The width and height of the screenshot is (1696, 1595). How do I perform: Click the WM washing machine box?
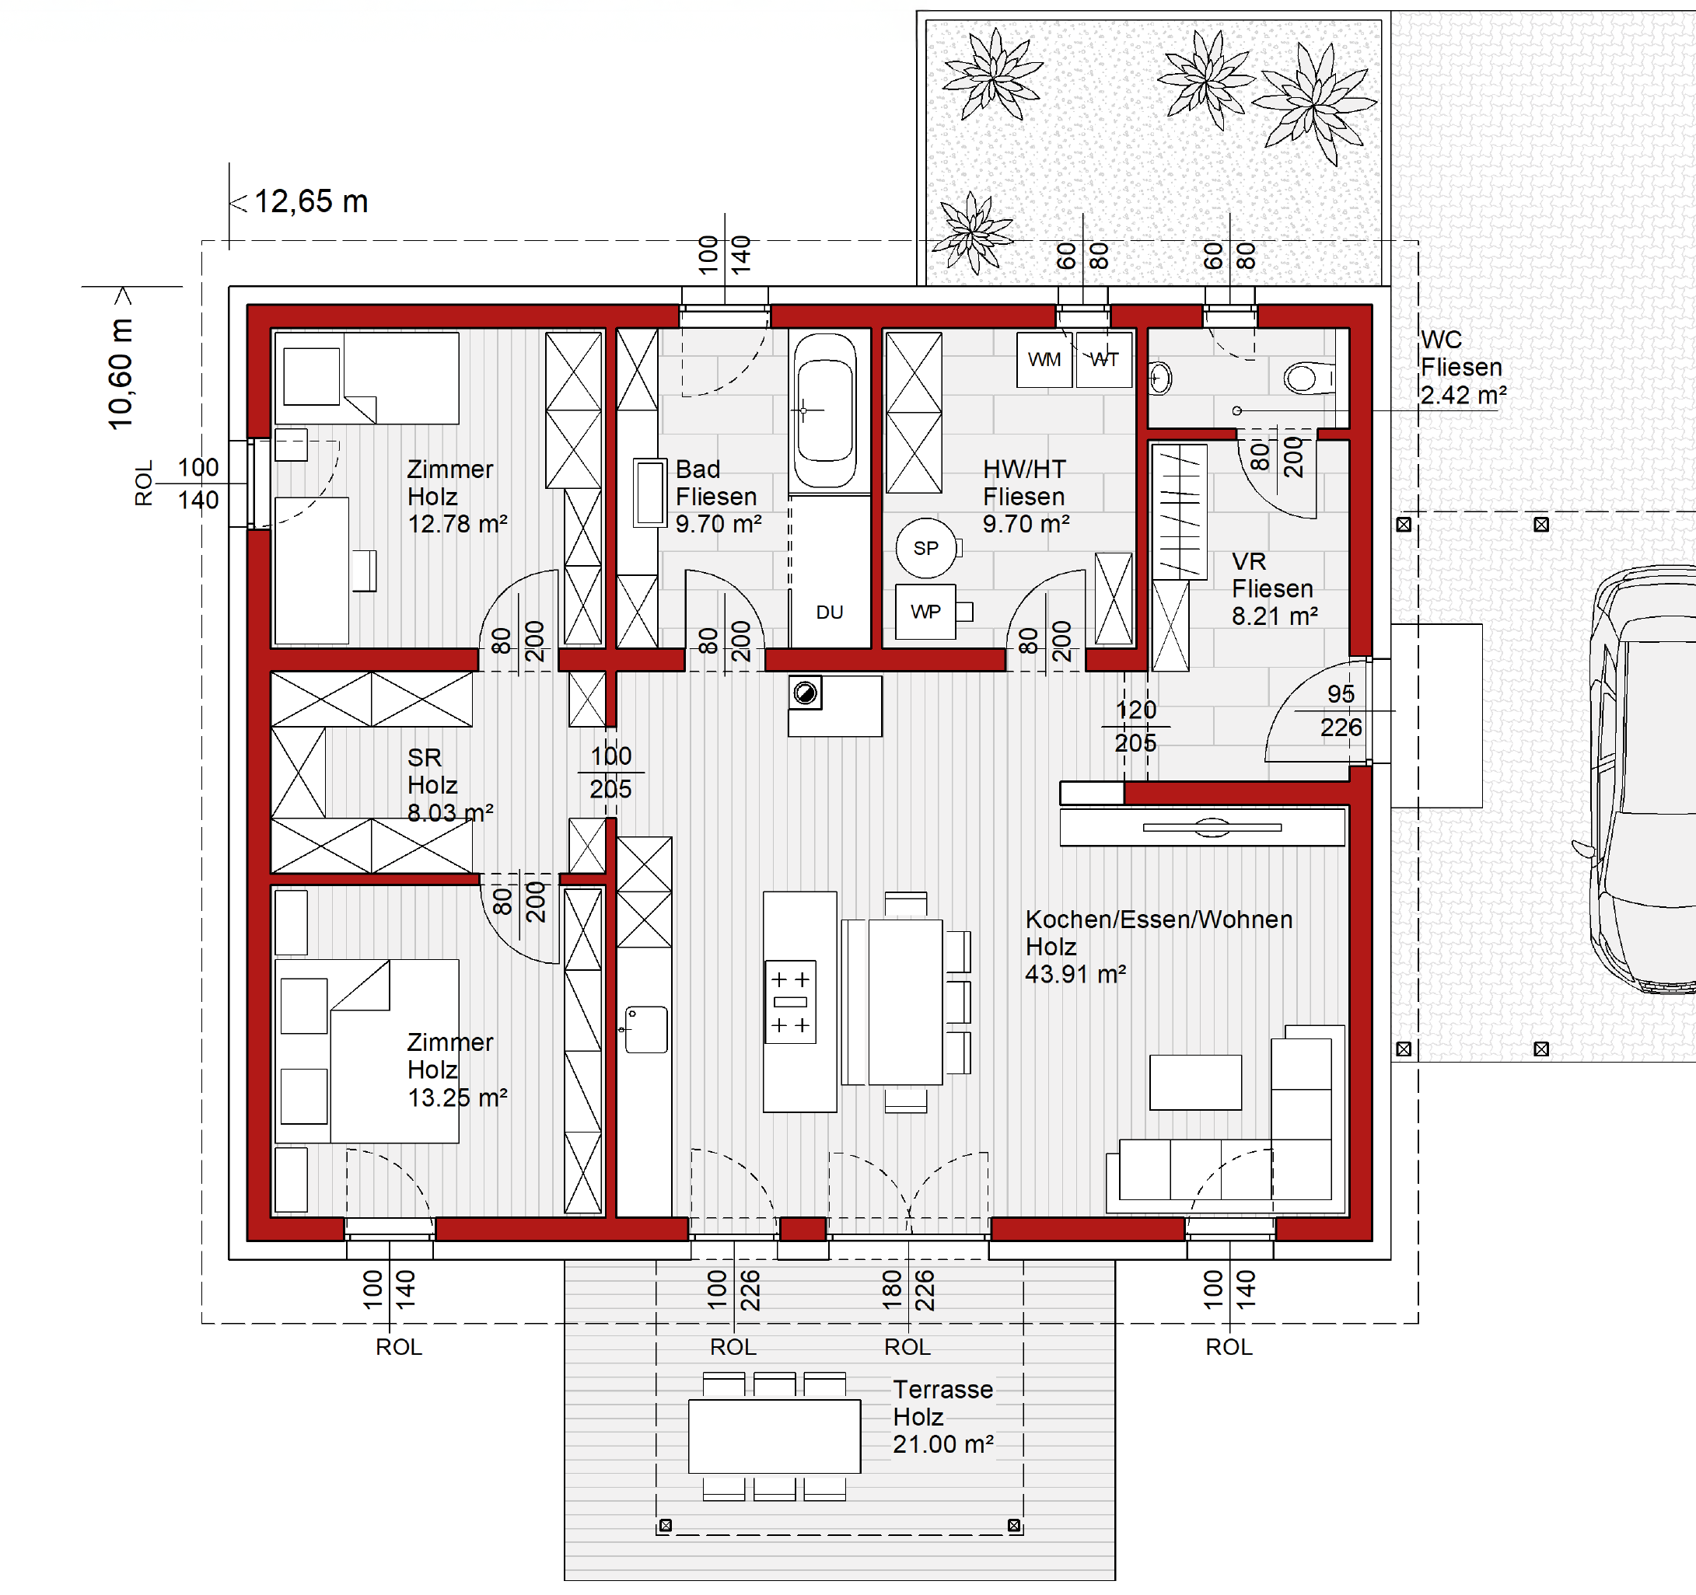click(x=1044, y=360)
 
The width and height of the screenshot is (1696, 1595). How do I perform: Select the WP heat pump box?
click(x=925, y=612)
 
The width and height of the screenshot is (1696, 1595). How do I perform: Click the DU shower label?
click(x=829, y=613)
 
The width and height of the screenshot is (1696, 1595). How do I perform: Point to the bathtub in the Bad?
click(x=825, y=410)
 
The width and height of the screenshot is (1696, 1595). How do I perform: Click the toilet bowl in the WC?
click(x=1308, y=377)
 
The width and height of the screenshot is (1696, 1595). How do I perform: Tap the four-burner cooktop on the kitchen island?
click(x=791, y=1002)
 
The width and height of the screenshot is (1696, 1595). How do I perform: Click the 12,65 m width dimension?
click(x=311, y=202)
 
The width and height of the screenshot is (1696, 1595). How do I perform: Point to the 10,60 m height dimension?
click(x=121, y=374)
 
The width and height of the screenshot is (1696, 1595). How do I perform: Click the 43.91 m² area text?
click(x=1075, y=974)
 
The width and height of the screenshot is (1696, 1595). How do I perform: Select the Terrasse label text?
click(x=942, y=1390)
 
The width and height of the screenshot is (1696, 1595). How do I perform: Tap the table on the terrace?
click(x=775, y=1436)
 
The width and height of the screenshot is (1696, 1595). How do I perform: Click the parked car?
click(x=1642, y=780)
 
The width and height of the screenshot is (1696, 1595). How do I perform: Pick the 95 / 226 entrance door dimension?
click(x=1341, y=710)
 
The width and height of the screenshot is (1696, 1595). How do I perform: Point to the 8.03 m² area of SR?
click(x=450, y=813)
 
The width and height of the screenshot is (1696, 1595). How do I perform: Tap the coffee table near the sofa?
click(x=1195, y=1083)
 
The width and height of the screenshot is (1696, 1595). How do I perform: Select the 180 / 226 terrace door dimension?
click(x=908, y=1290)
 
